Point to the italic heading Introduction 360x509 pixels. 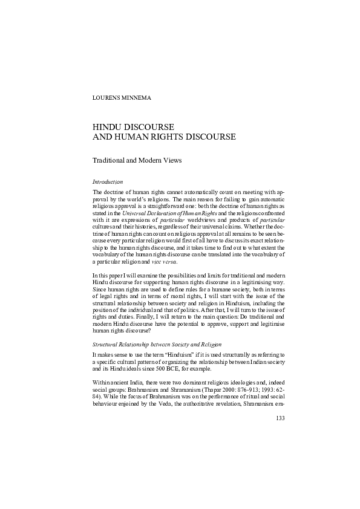(108, 181)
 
